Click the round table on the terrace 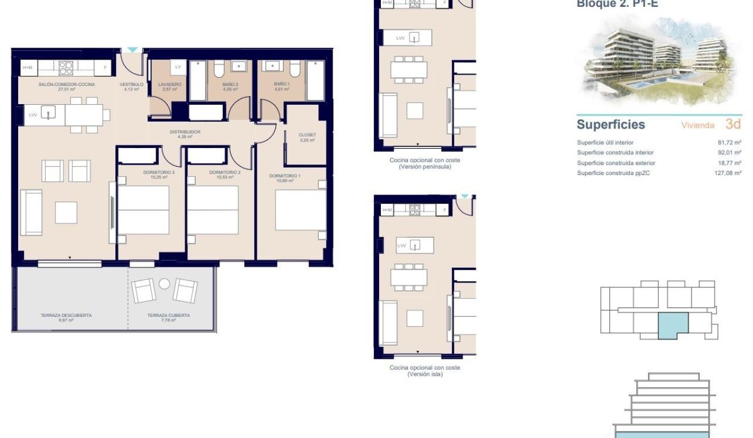[164, 283]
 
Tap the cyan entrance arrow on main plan [132, 50]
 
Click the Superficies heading [611, 124]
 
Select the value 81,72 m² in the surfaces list [729, 143]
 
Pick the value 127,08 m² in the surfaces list [729, 173]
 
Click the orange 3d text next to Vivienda [732, 124]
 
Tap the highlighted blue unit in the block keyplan [673, 325]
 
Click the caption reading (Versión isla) [424, 375]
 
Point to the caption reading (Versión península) [424, 168]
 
